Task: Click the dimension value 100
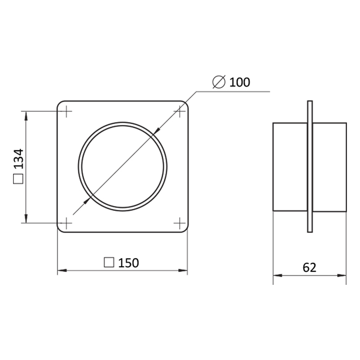tap(240, 82)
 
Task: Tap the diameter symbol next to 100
tap(219, 82)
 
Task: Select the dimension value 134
tap(18, 159)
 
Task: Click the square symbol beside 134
tap(18, 179)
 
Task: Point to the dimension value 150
tap(129, 263)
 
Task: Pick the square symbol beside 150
tap(109, 262)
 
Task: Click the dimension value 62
tap(310, 267)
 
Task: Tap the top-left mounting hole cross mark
tap(66, 111)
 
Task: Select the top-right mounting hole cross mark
tap(180, 111)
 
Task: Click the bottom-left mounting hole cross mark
tap(66, 223)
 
